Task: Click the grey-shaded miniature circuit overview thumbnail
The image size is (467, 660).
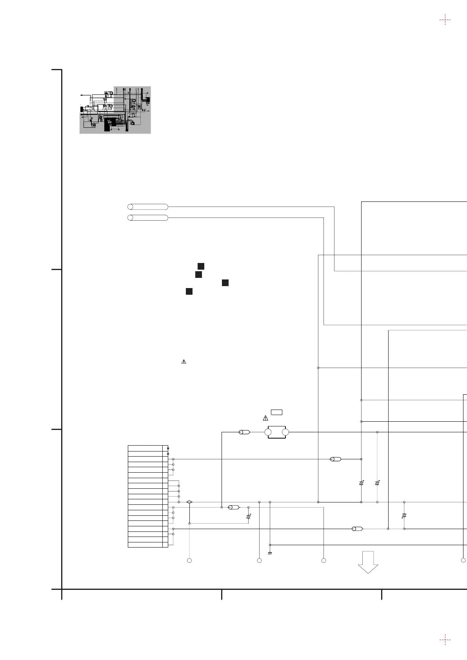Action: pyautogui.click(x=115, y=110)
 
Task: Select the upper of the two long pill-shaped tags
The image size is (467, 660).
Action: pyautogui.click(x=148, y=207)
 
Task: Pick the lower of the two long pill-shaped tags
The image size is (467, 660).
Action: pyautogui.click(x=148, y=218)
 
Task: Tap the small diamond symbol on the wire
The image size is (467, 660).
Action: pyautogui.click(x=189, y=502)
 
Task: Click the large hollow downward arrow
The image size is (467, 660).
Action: pyautogui.click(x=368, y=562)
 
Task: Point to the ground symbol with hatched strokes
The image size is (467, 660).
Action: pyautogui.click(x=270, y=553)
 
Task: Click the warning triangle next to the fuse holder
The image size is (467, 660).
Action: pyautogui.click(x=265, y=418)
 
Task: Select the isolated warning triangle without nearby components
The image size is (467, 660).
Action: pyautogui.click(x=184, y=362)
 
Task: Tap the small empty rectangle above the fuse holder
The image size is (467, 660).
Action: pyautogui.click(x=276, y=412)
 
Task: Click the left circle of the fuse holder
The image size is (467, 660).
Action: pyautogui.click(x=268, y=432)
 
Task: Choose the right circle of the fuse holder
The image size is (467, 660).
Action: pyautogui.click(x=285, y=432)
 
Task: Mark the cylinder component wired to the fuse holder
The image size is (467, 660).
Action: pyautogui.click(x=244, y=432)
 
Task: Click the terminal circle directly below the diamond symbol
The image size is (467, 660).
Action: pyautogui.click(x=189, y=561)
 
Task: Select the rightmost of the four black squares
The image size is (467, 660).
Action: pyautogui.click(x=225, y=283)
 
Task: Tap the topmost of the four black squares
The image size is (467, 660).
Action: pyautogui.click(x=201, y=267)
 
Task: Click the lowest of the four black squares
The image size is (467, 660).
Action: pyautogui.click(x=189, y=291)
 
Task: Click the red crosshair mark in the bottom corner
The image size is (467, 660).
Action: pyautogui.click(x=445, y=640)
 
